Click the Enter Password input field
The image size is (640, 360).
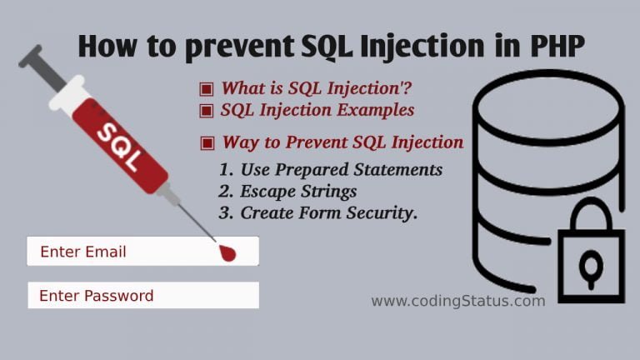point(142,295)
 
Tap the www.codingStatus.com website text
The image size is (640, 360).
point(457,301)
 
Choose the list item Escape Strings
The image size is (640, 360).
point(288,192)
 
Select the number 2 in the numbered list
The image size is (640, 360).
point(225,192)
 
